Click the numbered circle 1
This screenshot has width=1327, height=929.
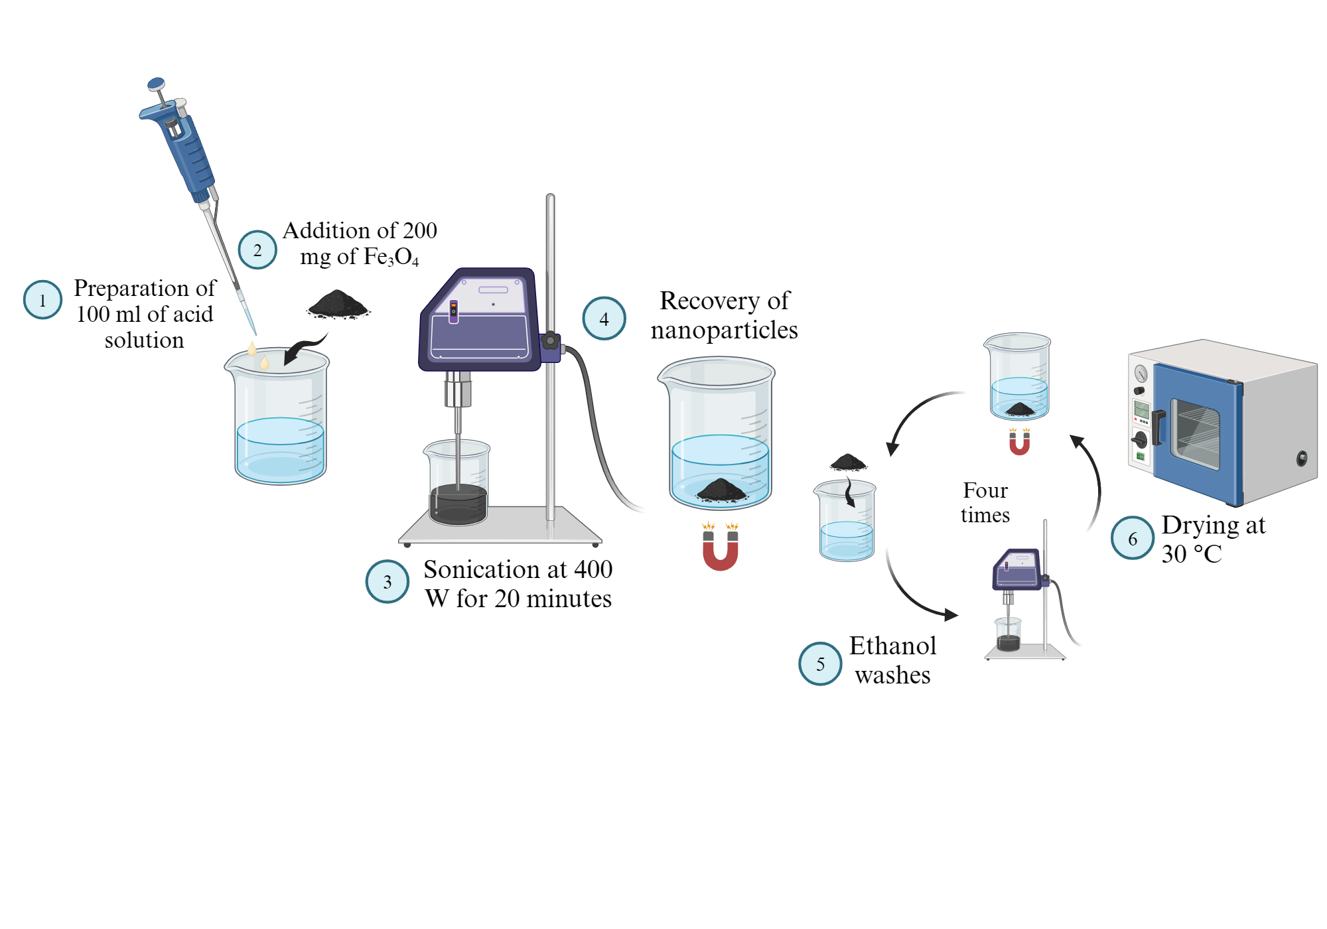42,300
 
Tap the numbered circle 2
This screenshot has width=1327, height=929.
257,250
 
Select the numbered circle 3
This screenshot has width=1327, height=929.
387,582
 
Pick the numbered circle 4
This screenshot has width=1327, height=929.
604,319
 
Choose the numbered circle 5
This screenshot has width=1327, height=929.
820,664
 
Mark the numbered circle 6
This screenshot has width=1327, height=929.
1133,538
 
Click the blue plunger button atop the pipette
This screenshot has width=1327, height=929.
156,84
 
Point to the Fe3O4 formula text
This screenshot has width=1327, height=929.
391,257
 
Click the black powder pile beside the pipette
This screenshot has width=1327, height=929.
338,305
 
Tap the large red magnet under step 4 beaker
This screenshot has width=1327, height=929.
721,551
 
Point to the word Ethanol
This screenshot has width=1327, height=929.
892,646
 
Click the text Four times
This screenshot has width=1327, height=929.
985,502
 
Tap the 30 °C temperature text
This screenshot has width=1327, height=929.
1191,554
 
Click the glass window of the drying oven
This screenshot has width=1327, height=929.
1195,434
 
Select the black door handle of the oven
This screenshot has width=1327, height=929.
1158,427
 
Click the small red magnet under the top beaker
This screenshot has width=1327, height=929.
1019,443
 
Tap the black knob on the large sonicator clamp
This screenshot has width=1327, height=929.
550,341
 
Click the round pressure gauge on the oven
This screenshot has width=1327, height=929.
1141,373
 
